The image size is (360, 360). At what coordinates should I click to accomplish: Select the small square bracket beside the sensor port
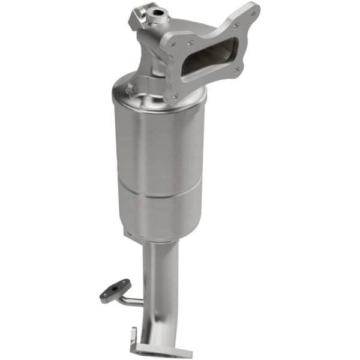tap(137, 17)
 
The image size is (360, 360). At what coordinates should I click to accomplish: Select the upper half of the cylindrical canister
tap(159, 144)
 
